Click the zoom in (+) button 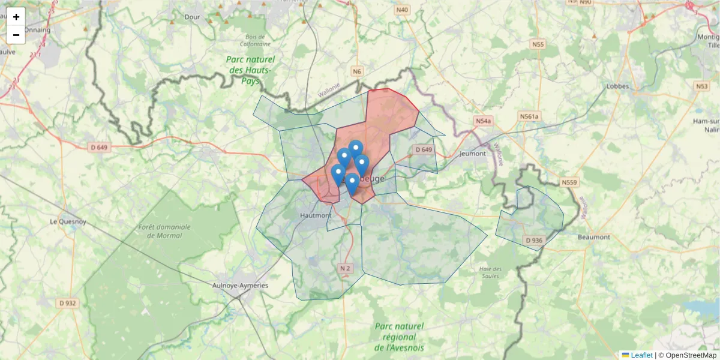16,17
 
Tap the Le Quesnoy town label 69,221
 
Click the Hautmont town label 315,215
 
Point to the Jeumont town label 472,154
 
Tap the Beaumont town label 593,237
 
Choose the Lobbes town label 617,86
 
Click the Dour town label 193,17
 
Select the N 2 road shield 344,268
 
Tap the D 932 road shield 68,304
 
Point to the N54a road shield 483,121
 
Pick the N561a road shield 530,116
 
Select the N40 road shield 402,10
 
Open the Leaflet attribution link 641,355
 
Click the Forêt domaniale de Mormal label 164,231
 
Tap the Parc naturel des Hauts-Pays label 251,70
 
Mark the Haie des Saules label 491,272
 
